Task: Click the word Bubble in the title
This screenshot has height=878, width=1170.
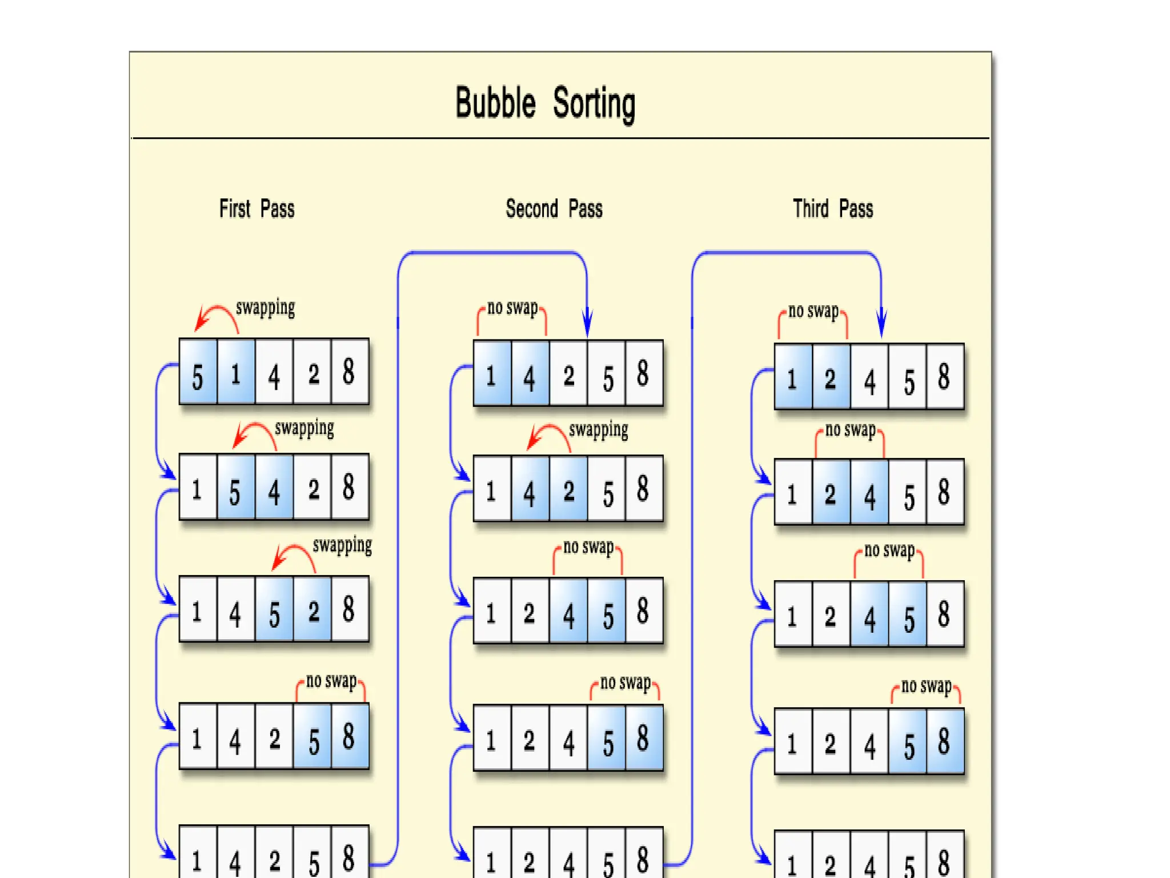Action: click(495, 103)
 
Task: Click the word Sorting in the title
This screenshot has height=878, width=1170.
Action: click(594, 104)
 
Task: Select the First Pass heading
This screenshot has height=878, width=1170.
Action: click(257, 209)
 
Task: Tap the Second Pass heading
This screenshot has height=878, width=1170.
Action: click(554, 209)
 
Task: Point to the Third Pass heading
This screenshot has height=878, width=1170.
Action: click(832, 209)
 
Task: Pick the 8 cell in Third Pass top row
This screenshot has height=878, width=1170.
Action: click(944, 377)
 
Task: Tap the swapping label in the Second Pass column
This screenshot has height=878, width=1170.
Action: click(598, 430)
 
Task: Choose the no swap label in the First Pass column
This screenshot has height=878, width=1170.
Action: click(331, 680)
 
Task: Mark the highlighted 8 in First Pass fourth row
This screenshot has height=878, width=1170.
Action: click(349, 736)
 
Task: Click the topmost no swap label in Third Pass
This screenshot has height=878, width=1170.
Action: click(814, 311)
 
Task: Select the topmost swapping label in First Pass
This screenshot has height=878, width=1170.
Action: click(266, 308)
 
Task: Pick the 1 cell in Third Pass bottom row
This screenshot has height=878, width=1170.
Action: click(792, 863)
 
